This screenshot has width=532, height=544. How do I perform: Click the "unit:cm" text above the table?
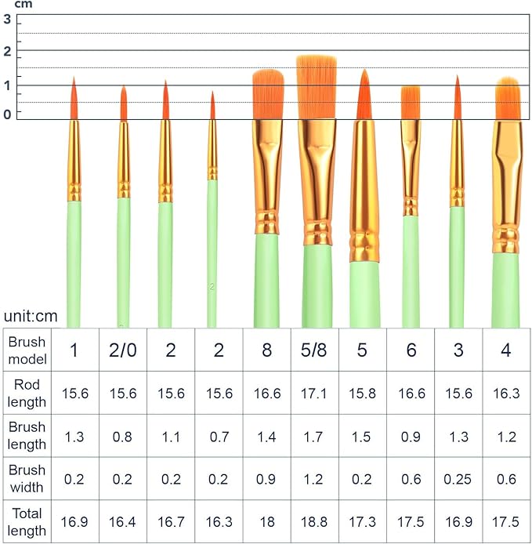[31, 317]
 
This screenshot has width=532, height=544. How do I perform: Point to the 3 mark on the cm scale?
[8, 20]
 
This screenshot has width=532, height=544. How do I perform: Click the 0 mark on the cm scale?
[8, 114]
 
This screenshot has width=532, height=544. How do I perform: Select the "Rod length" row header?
[27, 393]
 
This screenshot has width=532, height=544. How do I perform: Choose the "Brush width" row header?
[27, 478]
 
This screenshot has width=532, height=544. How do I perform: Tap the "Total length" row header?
[27, 521]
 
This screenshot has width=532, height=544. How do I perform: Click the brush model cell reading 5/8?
[314, 350]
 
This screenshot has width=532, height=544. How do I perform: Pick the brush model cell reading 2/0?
[122, 350]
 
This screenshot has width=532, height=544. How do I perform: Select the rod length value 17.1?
[314, 393]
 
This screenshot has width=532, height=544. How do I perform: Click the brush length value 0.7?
[219, 436]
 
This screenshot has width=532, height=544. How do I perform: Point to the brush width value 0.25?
[458, 479]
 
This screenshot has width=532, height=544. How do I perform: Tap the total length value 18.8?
[314, 522]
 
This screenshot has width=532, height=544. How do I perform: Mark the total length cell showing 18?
[266, 522]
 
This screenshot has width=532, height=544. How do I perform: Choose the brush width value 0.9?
[266, 479]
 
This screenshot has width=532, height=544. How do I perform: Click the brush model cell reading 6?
[411, 350]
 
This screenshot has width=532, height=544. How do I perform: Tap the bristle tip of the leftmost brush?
[74, 80]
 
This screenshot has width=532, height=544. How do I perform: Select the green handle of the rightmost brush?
[506, 290]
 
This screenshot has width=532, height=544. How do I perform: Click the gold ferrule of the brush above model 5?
[364, 188]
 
